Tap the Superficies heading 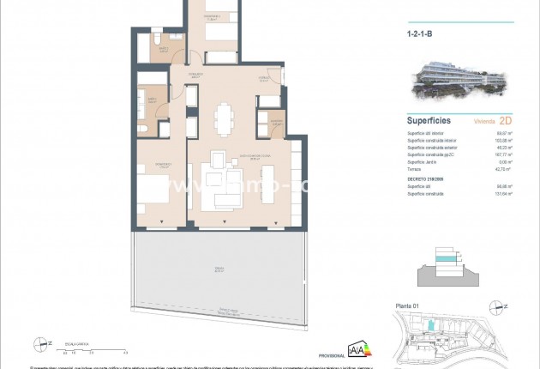point(429,121)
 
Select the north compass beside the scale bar point(40,344)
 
